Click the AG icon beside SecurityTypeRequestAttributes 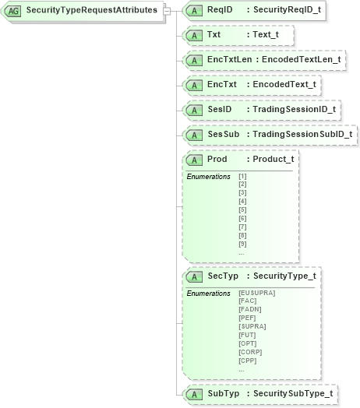(x=13, y=11)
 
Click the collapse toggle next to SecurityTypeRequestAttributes (x=167, y=11)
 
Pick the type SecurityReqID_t (x=284, y=11)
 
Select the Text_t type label (x=266, y=35)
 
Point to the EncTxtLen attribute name (x=228, y=59)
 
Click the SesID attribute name (x=219, y=109)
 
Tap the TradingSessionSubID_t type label (x=299, y=135)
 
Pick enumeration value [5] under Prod (x=242, y=209)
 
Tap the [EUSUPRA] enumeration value (x=256, y=293)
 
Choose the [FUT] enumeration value (x=247, y=335)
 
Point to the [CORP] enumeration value (x=250, y=352)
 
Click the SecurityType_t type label (x=281, y=276)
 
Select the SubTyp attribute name (x=224, y=394)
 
